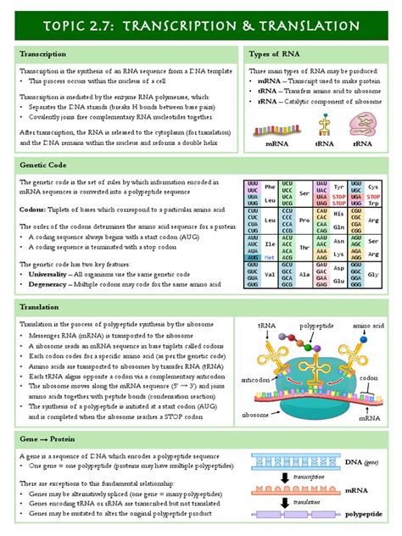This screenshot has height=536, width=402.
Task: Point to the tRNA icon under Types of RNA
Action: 322,126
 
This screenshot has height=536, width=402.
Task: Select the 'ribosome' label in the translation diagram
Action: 256,415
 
